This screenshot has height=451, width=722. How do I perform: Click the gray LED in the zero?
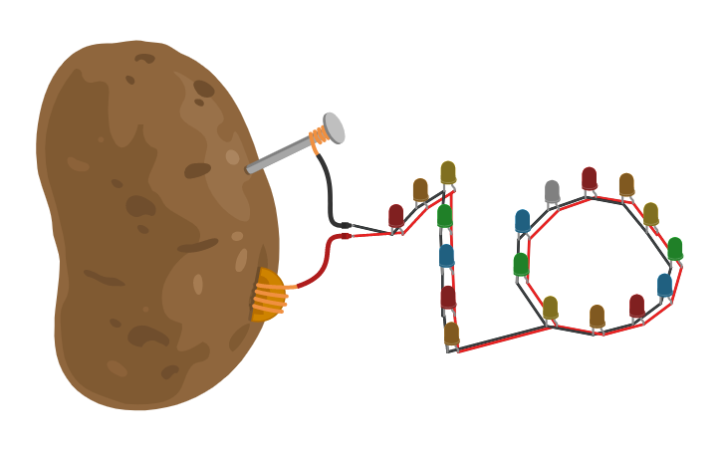tap(552, 191)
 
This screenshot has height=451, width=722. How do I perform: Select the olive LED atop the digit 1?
tap(448, 172)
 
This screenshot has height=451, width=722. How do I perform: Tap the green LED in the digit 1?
tap(444, 215)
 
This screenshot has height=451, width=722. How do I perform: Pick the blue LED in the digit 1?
tap(446, 256)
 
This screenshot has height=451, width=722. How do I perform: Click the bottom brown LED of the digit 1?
tap(451, 333)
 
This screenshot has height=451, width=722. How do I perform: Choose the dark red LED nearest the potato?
tap(396, 215)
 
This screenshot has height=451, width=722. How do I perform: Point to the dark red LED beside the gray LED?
tap(589, 178)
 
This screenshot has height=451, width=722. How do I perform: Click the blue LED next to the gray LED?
tap(523, 221)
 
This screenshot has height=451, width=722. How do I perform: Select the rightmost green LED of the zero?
tap(674, 248)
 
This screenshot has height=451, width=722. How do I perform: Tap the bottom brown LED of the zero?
tap(597, 317)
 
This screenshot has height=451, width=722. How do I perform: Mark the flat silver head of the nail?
tap(334, 127)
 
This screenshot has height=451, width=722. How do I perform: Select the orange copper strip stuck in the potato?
tap(267, 296)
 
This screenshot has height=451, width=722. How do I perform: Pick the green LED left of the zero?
tap(521, 264)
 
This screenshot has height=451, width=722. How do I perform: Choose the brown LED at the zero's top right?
tap(626, 184)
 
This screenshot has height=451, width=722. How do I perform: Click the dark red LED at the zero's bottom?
tap(636, 305)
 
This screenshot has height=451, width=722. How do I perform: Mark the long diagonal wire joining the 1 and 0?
tap(503, 338)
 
